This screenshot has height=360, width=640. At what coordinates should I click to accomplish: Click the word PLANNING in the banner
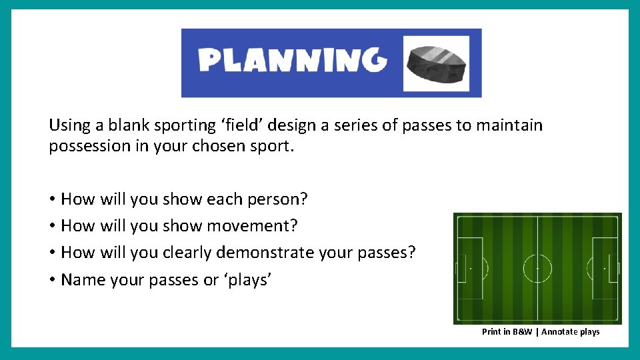293,61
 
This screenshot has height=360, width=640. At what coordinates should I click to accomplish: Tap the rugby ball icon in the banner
436,63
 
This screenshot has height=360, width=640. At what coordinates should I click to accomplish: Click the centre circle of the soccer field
537,269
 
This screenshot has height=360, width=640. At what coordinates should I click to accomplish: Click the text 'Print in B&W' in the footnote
507,332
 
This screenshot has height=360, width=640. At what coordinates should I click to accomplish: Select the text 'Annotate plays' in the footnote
571,332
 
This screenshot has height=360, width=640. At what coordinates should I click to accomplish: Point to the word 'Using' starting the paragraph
67,125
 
